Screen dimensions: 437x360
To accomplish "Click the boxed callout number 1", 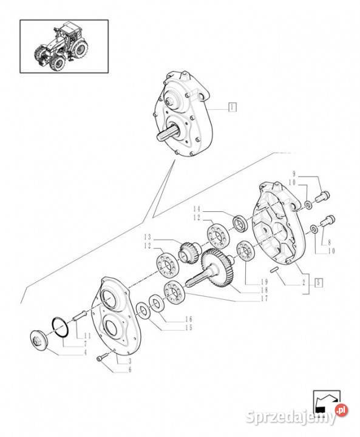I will coord(232,107).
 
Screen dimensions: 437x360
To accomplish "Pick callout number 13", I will coord(147,237).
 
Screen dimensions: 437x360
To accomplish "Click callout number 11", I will coord(87,336).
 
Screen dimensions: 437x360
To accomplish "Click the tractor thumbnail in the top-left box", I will coord(64,46).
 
